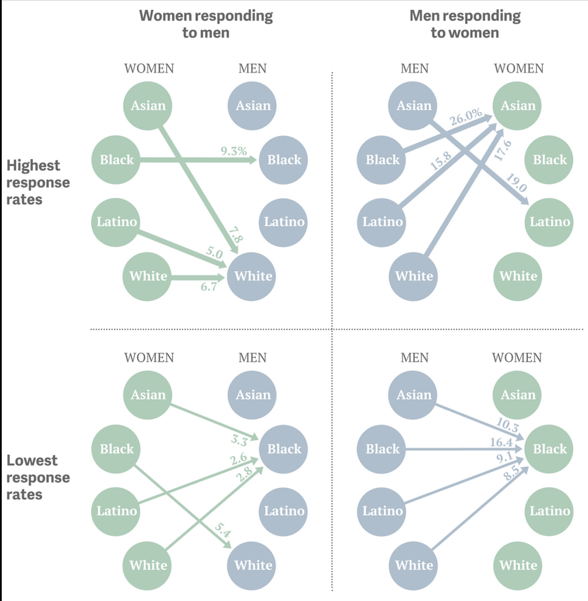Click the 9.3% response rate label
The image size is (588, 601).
tap(234, 151)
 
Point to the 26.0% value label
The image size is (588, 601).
tap(466, 117)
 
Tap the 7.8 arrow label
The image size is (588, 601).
tap(236, 235)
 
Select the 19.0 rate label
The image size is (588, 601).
tap(516, 183)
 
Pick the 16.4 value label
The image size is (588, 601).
tap(501, 443)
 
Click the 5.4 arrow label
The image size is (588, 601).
tap(222, 530)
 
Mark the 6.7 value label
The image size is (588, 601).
tap(209, 286)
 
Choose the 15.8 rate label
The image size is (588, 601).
tap(441, 161)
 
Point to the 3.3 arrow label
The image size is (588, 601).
tap(239, 440)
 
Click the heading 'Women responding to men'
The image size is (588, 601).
tap(206, 23)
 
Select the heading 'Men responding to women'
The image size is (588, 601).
tap(465, 23)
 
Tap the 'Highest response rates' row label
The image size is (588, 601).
tap(38, 183)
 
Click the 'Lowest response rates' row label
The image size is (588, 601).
tap(38, 477)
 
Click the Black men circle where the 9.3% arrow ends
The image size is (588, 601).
tap(283, 160)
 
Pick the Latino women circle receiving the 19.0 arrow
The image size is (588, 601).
tap(549, 222)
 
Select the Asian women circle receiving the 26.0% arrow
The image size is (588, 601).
tap(517, 106)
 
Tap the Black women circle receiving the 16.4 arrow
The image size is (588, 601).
tap(549, 449)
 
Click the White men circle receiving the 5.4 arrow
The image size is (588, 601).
tap(251, 566)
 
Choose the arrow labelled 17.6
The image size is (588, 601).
tap(465, 193)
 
